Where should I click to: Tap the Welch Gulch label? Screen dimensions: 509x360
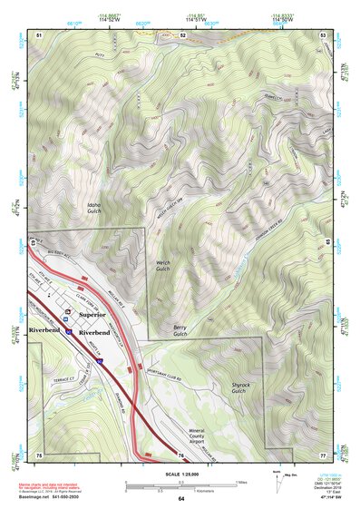[x=162, y=265]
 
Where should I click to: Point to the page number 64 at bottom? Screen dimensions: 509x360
[x=181, y=500]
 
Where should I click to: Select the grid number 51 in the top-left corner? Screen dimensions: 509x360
[x=39, y=34]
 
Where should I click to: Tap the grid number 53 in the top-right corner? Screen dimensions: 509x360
[x=323, y=34]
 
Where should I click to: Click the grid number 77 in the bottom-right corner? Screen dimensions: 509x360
[x=323, y=454]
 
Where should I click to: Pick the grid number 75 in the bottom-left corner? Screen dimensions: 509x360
[x=39, y=454]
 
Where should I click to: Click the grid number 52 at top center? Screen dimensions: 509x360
[x=182, y=34]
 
